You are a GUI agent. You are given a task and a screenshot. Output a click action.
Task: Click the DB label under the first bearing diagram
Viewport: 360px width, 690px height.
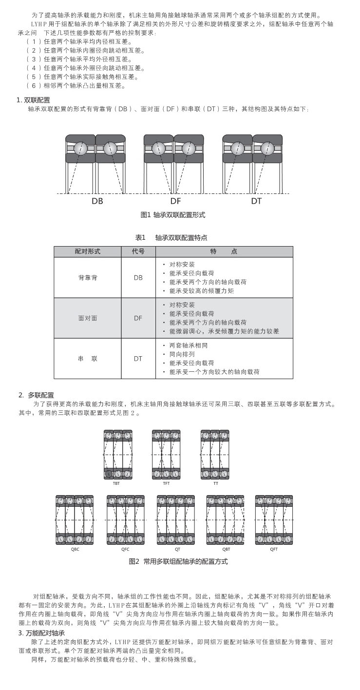(97, 200)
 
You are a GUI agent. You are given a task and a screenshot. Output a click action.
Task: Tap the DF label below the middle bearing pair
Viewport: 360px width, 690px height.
(176, 200)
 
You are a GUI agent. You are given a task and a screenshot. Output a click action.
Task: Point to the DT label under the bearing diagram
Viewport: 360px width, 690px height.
(256, 200)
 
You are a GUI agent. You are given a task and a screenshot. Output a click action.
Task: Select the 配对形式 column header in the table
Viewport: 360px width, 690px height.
(88, 251)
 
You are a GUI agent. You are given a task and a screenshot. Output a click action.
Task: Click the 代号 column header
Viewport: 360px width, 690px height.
(138, 251)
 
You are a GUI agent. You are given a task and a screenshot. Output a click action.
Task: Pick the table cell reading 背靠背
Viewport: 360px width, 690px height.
(88, 277)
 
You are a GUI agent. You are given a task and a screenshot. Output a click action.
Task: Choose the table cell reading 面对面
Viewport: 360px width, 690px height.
(88, 318)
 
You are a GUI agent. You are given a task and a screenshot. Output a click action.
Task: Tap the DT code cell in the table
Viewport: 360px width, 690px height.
(138, 358)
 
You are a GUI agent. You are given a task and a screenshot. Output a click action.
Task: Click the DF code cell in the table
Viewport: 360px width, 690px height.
(138, 318)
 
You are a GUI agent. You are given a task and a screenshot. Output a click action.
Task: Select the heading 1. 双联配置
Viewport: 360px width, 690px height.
(33, 100)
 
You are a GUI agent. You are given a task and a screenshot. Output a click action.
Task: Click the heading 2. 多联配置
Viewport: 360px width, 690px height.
(36, 395)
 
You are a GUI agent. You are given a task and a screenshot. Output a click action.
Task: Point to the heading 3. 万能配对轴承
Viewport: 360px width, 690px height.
(41, 633)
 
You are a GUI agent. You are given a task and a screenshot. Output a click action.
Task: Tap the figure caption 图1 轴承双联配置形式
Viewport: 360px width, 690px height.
(173, 215)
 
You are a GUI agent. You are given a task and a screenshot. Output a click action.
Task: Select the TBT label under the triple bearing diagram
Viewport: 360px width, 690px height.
(117, 483)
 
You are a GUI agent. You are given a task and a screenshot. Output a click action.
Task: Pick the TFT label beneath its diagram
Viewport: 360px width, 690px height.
(166, 483)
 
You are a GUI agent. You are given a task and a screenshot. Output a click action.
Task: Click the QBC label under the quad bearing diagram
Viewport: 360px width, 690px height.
(75, 549)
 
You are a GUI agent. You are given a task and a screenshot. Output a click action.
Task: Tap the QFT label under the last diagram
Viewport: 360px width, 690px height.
(274, 549)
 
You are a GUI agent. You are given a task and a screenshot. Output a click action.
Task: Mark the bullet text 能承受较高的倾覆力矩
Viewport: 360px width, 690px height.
(202, 291)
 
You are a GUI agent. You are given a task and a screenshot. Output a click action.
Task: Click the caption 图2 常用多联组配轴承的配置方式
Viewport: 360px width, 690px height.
(178, 561)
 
